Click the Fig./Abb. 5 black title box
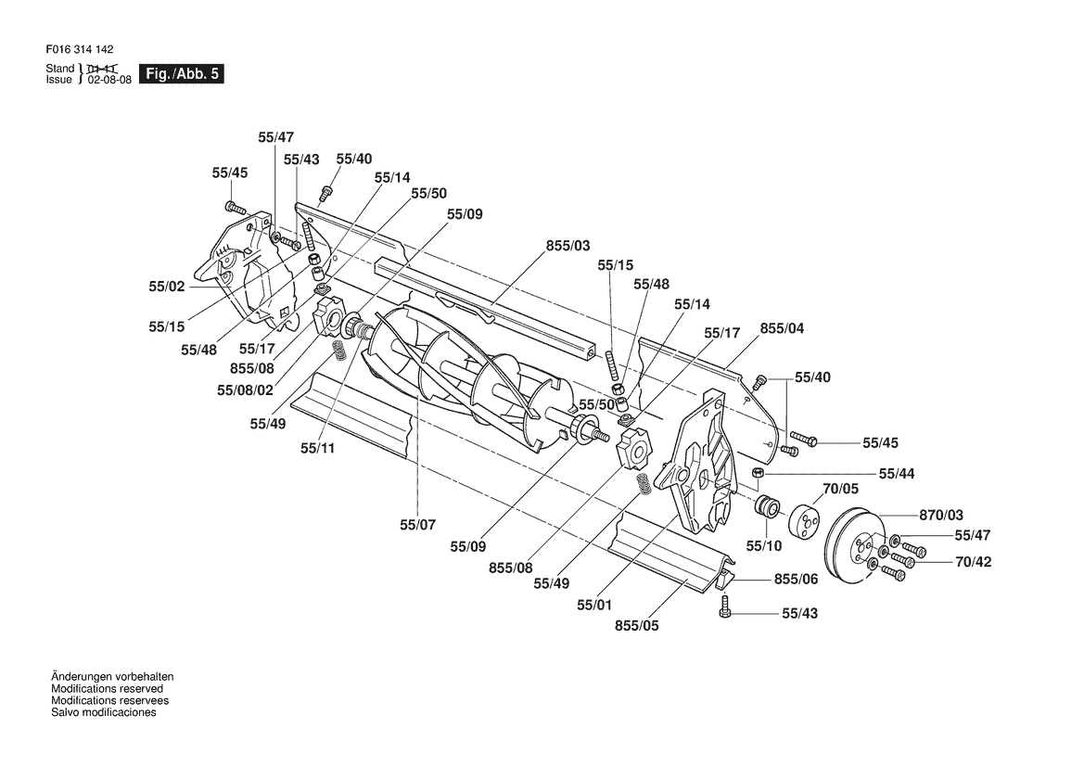click(182, 74)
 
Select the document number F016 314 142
click(80, 49)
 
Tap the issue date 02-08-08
click(109, 80)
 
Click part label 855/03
click(568, 246)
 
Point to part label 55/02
click(167, 287)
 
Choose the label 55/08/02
click(246, 389)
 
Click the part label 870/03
click(941, 515)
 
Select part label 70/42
click(974, 562)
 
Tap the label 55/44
click(897, 474)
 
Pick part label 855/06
click(797, 579)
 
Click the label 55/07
click(417, 525)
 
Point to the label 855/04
click(783, 328)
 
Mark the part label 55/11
click(318, 448)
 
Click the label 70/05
click(841, 489)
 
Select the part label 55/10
click(764, 546)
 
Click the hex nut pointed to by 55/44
click(757, 473)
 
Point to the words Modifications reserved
click(108, 689)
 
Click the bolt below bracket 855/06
click(724, 608)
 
